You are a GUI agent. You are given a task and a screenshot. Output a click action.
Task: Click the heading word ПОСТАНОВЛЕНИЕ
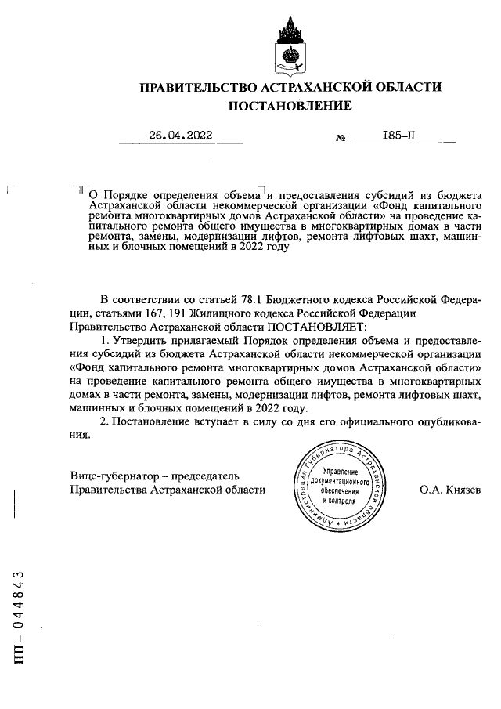pos(290,106)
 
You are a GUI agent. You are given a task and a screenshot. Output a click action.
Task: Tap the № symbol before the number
pos(341,138)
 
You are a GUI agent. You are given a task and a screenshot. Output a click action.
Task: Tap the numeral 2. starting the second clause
pos(106,422)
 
